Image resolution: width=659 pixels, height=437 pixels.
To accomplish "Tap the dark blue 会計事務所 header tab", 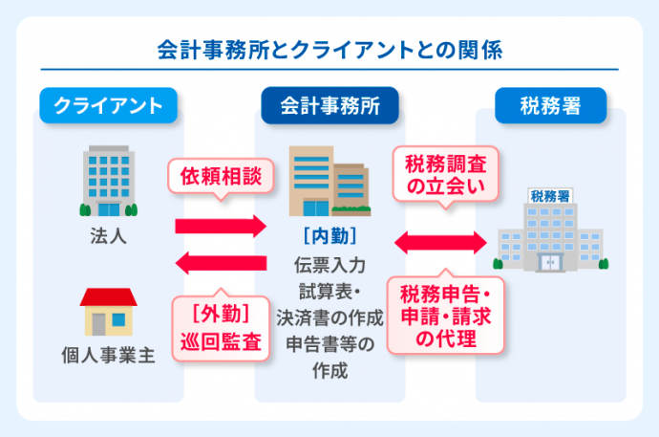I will coord(329,106).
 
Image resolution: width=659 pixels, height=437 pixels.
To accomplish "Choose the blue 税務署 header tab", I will coord(550,106).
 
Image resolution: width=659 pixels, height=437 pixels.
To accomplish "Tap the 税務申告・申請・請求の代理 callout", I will coord(444,315).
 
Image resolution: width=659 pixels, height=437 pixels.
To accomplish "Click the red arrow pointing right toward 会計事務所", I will coord(221,227).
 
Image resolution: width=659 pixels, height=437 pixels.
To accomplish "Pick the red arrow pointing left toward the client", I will coord(221,261).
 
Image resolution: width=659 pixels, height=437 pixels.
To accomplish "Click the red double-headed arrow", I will coord(441,243).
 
